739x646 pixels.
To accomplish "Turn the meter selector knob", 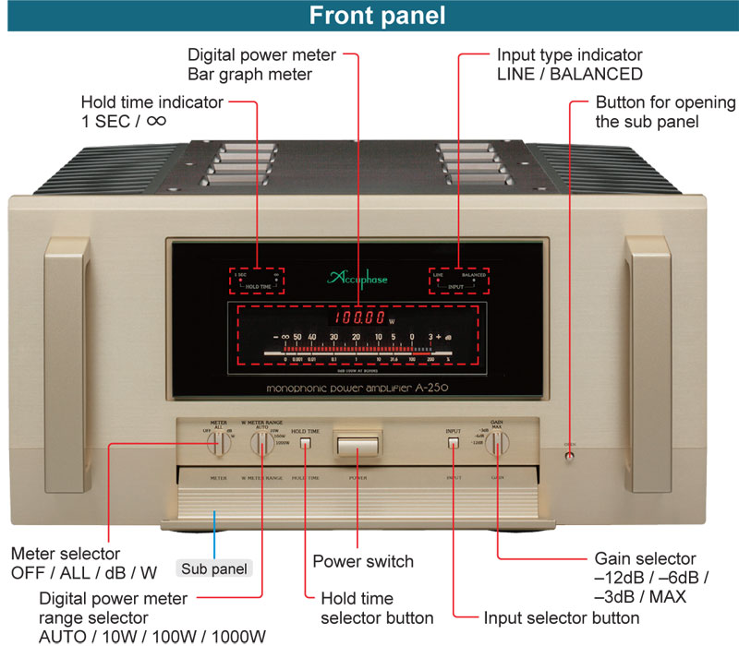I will (x=220, y=443).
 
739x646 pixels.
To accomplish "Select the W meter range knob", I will (x=262, y=443).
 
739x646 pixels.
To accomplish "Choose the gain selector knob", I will (x=497, y=444).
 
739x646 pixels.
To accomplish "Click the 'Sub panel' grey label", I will (x=213, y=568).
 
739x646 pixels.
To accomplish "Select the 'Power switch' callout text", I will (x=363, y=561).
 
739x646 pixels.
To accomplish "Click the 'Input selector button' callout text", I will (x=561, y=617).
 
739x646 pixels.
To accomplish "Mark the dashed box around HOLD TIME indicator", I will (x=257, y=280).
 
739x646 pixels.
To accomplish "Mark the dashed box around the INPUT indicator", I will (x=459, y=280).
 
